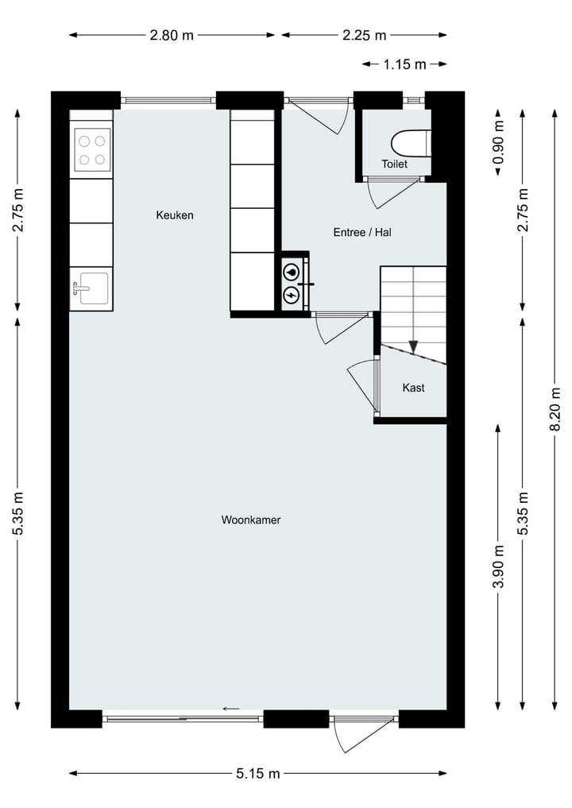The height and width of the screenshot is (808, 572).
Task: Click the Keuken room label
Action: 175,215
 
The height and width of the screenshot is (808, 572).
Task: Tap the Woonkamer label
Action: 251,520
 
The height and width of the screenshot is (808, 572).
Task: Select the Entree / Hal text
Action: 362,233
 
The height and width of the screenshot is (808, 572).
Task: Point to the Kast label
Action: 413,388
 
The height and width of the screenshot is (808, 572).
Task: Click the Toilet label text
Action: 394,164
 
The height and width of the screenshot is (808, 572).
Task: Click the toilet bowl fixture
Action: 409,142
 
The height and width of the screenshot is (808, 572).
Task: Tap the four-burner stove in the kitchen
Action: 91,149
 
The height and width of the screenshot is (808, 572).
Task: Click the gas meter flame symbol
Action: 292,272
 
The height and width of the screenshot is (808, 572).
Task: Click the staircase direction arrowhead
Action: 413,346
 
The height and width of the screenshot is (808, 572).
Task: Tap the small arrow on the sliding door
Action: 231,709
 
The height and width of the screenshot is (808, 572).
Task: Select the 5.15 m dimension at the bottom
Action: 258,773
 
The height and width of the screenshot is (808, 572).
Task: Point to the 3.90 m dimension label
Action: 498,567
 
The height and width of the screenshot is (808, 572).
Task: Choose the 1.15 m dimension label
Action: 405,64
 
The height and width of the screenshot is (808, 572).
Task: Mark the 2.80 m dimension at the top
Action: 172,35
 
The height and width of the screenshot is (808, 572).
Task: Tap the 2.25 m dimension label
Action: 364,35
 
